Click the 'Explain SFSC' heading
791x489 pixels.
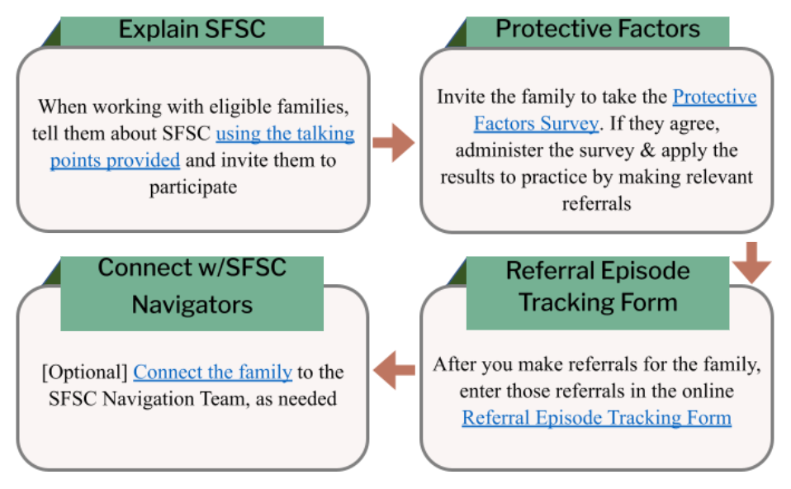192,29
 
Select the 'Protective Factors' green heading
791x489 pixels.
598,29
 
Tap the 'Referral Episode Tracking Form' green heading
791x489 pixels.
598,287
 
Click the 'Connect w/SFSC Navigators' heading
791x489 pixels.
192,286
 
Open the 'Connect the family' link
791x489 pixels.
212,373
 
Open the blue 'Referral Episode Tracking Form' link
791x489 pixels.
596,418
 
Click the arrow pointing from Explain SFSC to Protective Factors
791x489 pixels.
394,143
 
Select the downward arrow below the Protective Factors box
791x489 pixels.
751,263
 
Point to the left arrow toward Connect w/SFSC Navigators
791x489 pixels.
394,370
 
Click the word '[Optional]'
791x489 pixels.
85,373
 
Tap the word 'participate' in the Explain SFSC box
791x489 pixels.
193,188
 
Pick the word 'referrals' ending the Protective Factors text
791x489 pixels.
596,203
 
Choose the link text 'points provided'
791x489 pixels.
115,160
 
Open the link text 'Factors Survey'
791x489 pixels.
536,124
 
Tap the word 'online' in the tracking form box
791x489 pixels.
708,391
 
